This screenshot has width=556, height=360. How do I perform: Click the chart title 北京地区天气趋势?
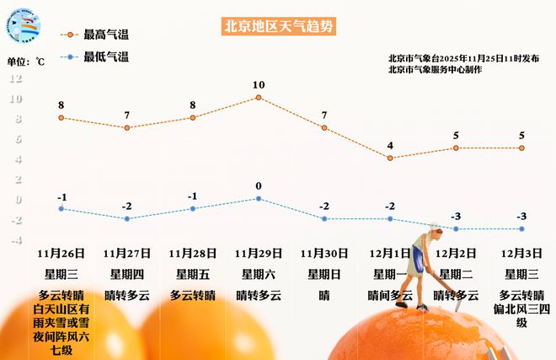click(278, 26)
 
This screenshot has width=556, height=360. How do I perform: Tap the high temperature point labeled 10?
click(259, 97)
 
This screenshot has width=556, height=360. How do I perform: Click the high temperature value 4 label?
click(390, 145)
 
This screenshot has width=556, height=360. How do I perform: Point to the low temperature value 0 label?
click(259, 185)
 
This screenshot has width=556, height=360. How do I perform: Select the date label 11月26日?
click(61, 252)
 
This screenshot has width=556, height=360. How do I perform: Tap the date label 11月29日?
click(259, 252)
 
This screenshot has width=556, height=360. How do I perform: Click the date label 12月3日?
click(521, 252)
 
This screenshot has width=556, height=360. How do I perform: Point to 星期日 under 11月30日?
click(324, 274)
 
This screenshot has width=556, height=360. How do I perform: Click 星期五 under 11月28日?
click(193, 274)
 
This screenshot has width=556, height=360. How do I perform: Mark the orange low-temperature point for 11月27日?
click(127, 218)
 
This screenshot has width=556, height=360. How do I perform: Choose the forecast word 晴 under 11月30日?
click(324, 296)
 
